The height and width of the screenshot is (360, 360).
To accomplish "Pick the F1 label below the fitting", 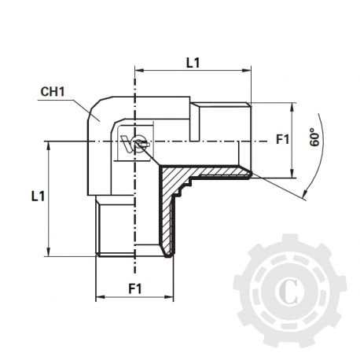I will point(134,287).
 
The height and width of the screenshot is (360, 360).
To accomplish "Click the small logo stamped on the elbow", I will point(132,143).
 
